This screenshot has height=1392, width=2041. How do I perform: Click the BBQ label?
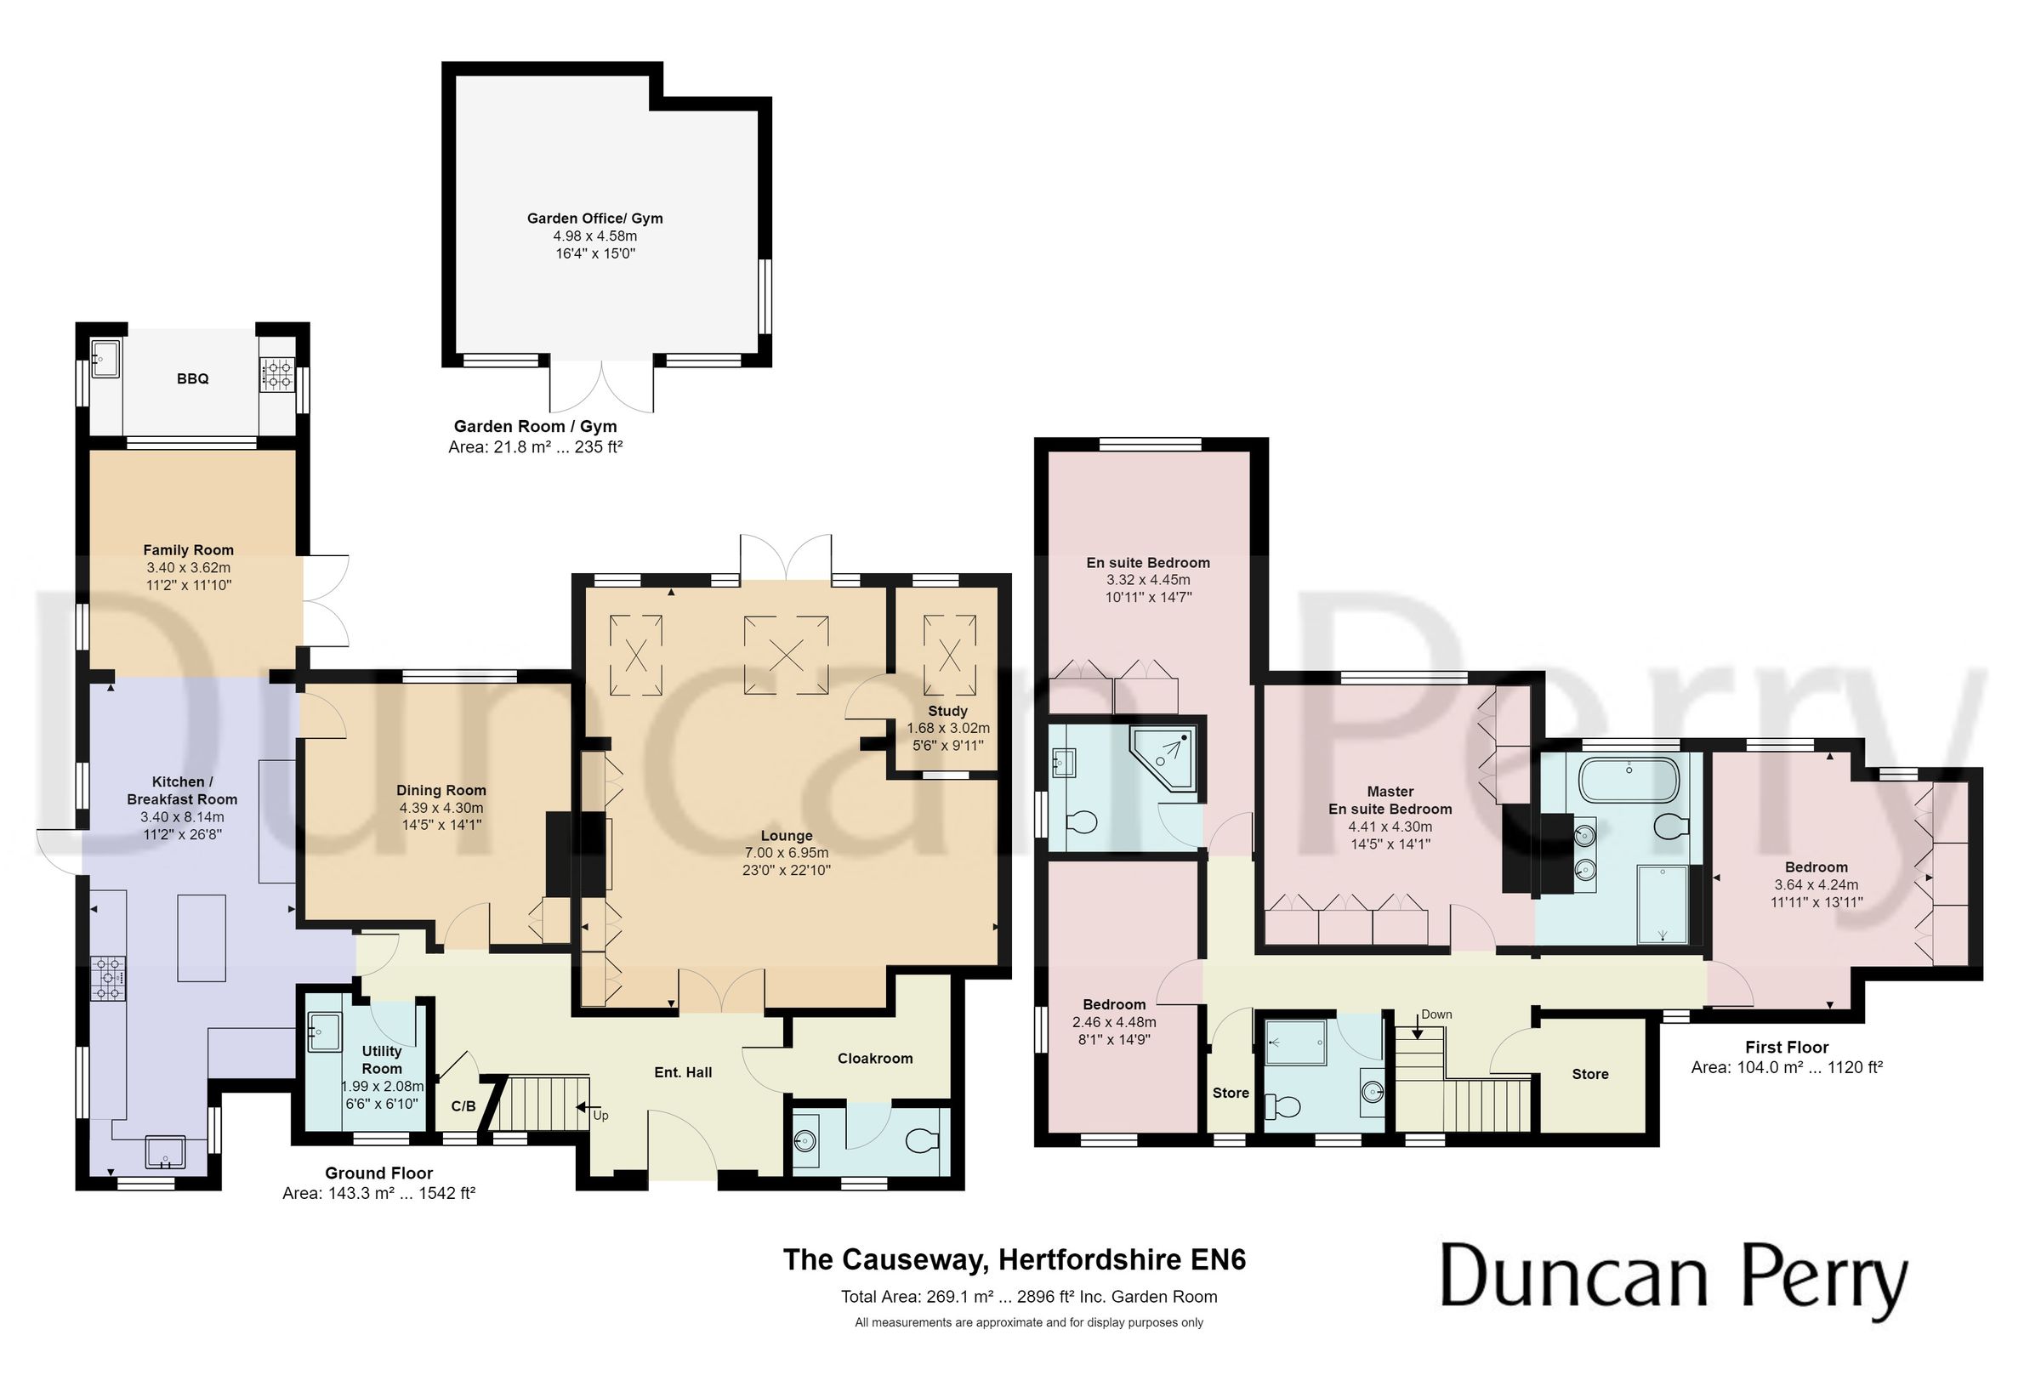point(192,378)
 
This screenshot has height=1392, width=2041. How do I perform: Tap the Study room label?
point(947,711)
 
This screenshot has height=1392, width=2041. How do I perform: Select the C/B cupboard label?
point(463,1105)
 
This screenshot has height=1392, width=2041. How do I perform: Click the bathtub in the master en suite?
point(1629,780)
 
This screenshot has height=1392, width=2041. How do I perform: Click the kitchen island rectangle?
point(201,938)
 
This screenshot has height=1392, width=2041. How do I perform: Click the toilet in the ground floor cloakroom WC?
point(921,1141)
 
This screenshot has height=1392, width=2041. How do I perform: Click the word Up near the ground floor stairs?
point(600,1116)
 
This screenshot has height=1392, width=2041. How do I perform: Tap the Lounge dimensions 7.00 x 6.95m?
point(786,853)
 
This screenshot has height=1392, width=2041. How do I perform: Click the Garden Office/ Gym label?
point(594,218)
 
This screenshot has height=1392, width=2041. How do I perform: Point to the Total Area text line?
point(1028,1296)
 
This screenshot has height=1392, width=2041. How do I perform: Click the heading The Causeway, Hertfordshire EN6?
point(1014,1259)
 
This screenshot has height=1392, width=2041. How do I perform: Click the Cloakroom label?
point(875,1059)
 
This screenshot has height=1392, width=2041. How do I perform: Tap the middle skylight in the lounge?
point(786,655)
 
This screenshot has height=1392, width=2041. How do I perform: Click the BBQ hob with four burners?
point(278,374)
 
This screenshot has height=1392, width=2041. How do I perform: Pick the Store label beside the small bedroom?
point(1231,1093)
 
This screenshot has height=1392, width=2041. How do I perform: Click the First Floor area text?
point(1787,1067)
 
